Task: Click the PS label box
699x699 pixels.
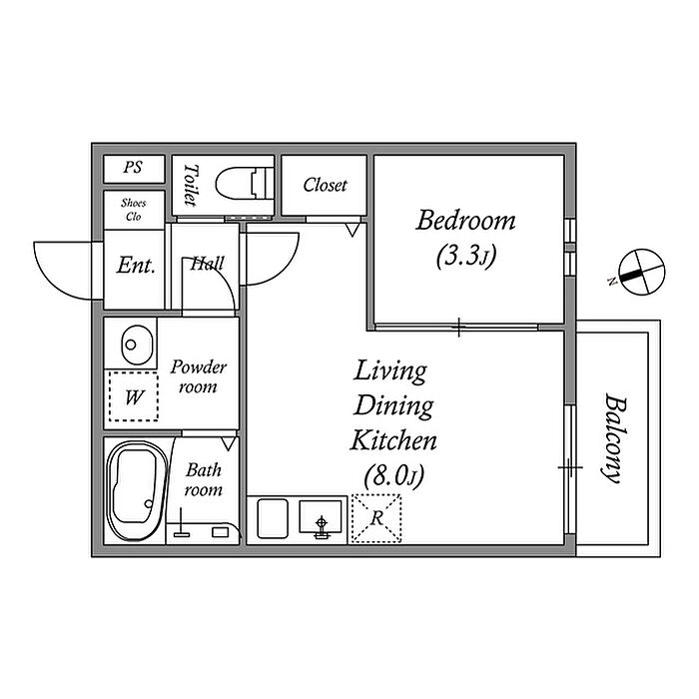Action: [x=132, y=169]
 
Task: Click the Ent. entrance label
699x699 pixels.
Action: [x=136, y=266]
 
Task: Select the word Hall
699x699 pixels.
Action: [x=207, y=265]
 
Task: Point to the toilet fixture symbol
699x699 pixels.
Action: [x=247, y=185]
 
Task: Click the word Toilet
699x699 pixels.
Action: [x=190, y=185]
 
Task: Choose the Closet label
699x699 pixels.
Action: [x=325, y=185]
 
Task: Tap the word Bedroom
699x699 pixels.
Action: [x=466, y=221]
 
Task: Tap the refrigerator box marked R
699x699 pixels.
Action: [x=376, y=519]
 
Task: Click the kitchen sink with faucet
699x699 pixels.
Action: [x=321, y=519]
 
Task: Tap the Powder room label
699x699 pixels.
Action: [x=198, y=376]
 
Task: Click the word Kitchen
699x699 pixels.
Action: [x=392, y=439]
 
